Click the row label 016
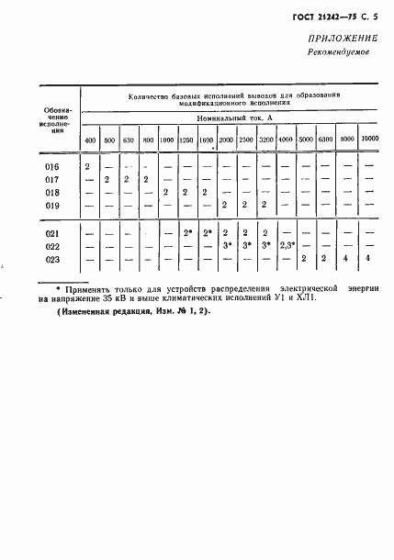coord(51,166)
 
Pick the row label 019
coord(51,205)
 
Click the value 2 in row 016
coord(86,166)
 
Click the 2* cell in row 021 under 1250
coord(187,233)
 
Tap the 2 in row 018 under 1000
coord(165,192)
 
